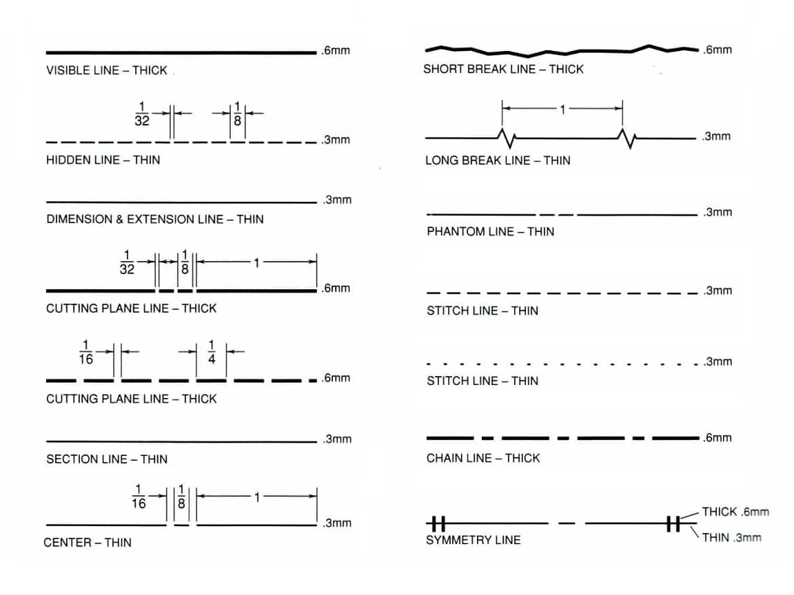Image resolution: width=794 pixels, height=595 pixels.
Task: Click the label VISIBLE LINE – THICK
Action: coord(106,70)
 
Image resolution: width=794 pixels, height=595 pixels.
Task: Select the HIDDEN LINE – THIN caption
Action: coord(103,160)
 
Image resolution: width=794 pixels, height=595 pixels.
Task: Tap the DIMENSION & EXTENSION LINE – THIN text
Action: coord(155,219)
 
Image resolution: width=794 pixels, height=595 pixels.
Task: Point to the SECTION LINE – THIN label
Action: coord(107,459)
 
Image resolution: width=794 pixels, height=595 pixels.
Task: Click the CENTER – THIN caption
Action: coord(88,543)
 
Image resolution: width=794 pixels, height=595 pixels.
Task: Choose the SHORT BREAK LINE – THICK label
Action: coord(503,69)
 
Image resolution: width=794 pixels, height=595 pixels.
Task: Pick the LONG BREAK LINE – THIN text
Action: coord(498,160)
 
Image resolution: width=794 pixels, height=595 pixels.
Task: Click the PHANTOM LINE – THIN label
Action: coord(490,231)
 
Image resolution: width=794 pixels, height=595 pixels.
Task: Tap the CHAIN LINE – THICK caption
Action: coord(483,458)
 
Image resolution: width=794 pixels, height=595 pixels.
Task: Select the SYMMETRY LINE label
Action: coord(473,540)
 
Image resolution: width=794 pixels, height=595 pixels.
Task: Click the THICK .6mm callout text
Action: coord(735,512)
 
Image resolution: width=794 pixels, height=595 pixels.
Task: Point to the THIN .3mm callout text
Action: coord(732,537)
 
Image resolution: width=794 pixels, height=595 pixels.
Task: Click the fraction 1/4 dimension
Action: coord(212,352)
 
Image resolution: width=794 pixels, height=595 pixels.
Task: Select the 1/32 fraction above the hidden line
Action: coord(142,114)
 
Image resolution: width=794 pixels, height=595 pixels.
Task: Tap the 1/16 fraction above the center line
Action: coord(139,497)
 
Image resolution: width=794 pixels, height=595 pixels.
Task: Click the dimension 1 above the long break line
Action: coord(562,109)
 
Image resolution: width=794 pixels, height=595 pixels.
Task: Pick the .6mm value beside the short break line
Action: coord(717,50)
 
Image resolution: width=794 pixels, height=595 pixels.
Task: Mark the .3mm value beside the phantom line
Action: coord(717,212)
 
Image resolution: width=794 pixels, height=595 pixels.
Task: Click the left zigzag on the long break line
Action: coord(507,138)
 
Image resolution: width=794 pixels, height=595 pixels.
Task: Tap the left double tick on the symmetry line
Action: coord(438,523)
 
